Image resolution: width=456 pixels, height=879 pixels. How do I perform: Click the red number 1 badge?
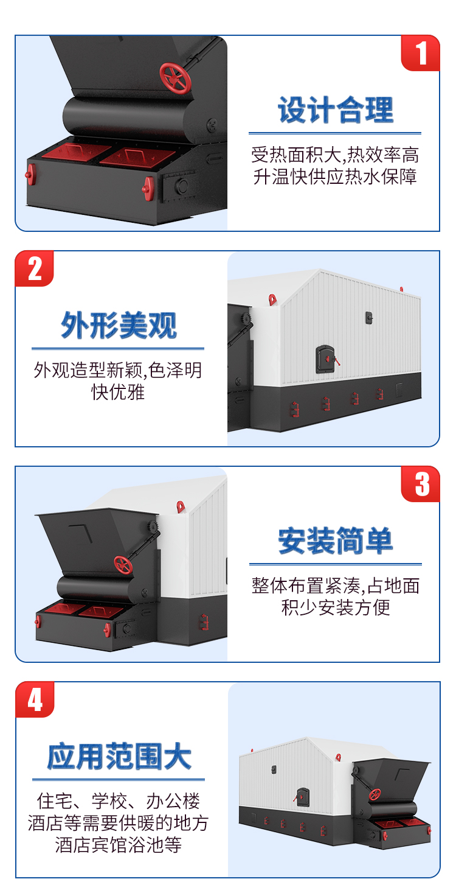pos(420,53)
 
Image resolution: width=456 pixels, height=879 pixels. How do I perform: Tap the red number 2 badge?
pos(35,268)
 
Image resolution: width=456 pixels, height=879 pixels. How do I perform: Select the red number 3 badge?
pos(420,484)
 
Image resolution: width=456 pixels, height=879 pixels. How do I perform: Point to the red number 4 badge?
pos(35,699)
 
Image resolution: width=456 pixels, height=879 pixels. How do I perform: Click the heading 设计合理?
pos(335,110)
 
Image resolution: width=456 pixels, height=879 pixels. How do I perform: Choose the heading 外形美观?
pos(119,325)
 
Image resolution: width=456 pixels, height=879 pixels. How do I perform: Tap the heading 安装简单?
pos(335,541)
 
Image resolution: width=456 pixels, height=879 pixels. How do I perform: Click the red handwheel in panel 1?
pos(175,78)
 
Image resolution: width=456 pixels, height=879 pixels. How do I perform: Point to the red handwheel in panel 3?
pos(123,565)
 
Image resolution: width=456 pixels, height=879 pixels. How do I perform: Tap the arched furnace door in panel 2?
pos(325,359)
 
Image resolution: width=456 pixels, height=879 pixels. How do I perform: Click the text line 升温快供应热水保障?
pos(335,177)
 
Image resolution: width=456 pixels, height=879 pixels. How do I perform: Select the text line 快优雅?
pos(118,392)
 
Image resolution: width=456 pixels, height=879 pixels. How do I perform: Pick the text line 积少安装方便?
pos(336,608)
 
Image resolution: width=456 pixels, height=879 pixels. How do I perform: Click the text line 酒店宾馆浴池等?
pos(118,845)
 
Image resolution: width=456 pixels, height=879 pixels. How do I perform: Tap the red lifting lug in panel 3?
pos(181,506)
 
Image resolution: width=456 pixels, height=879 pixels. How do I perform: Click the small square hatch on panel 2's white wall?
pos(369,318)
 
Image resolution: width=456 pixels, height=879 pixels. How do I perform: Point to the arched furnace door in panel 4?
pos(303,797)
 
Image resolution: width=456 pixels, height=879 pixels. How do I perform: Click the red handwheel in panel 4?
pos(375,794)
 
